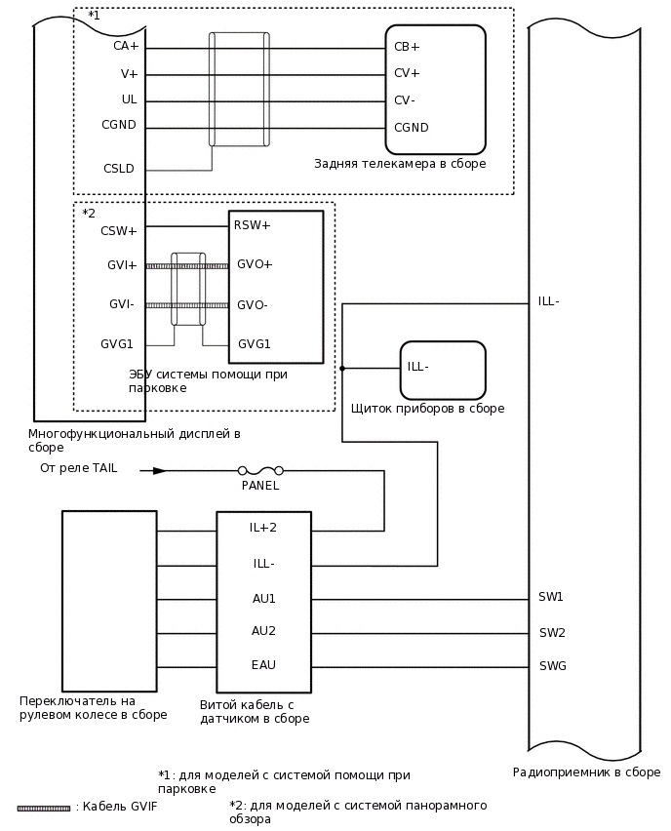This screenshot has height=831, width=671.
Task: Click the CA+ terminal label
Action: point(126,46)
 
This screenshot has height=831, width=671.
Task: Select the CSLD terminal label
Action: point(119,169)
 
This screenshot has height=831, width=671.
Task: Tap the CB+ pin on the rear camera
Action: point(407,47)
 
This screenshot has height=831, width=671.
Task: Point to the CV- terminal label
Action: point(405,100)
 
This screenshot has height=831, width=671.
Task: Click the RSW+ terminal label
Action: point(252,225)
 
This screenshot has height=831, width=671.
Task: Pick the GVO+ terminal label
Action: point(255,264)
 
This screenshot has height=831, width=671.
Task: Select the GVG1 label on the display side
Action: point(117,344)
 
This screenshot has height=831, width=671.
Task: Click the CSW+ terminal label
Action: point(119,231)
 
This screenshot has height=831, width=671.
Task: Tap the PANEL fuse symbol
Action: point(260,470)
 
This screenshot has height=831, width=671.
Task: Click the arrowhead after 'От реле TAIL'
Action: point(159,470)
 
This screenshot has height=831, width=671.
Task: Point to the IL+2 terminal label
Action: point(263,528)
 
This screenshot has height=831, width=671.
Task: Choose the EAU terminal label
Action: point(263,665)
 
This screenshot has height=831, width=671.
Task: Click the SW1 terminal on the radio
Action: point(551,597)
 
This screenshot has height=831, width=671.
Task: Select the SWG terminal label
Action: point(552,666)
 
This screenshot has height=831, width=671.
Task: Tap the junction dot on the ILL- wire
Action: point(342,368)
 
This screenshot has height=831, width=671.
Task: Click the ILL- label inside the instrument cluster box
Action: point(418,367)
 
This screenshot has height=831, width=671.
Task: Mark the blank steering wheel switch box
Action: point(109,600)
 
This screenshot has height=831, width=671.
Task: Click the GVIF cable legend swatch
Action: point(44,808)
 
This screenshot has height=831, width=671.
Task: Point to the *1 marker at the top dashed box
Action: point(94,16)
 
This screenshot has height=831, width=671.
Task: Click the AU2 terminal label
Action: point(263,631)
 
